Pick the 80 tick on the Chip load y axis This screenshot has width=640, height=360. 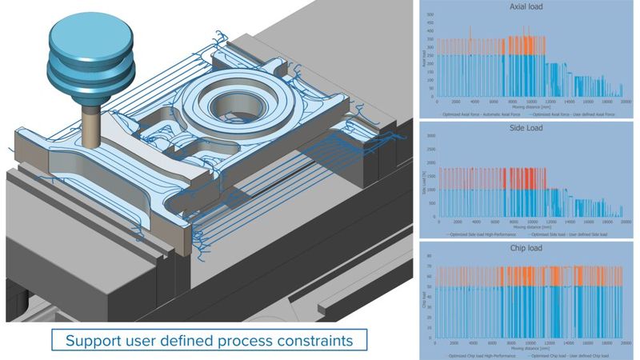pyautogui.click(x=430, y=256)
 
